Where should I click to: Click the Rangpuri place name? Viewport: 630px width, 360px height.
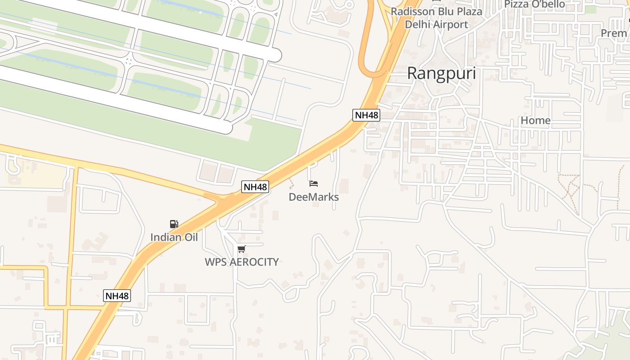(441, 73)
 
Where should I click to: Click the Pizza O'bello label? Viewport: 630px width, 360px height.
(534, 4)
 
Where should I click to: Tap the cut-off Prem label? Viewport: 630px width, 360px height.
(614, 33)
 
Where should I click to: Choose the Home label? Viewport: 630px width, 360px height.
(535, 121)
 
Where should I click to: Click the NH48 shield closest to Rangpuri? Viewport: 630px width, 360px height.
(366, 115)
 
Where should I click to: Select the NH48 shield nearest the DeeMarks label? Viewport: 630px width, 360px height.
(255, 187)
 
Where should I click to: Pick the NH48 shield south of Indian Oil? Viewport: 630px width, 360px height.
(117, 296)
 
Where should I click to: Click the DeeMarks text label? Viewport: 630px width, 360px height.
(313, 197)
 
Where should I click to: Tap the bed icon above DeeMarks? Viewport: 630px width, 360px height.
(314, 184)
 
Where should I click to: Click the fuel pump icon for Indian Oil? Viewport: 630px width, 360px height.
(174, 224)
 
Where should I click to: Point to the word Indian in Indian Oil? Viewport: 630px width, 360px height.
(165, 237)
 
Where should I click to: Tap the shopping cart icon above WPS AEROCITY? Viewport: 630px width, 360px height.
(242, 249)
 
